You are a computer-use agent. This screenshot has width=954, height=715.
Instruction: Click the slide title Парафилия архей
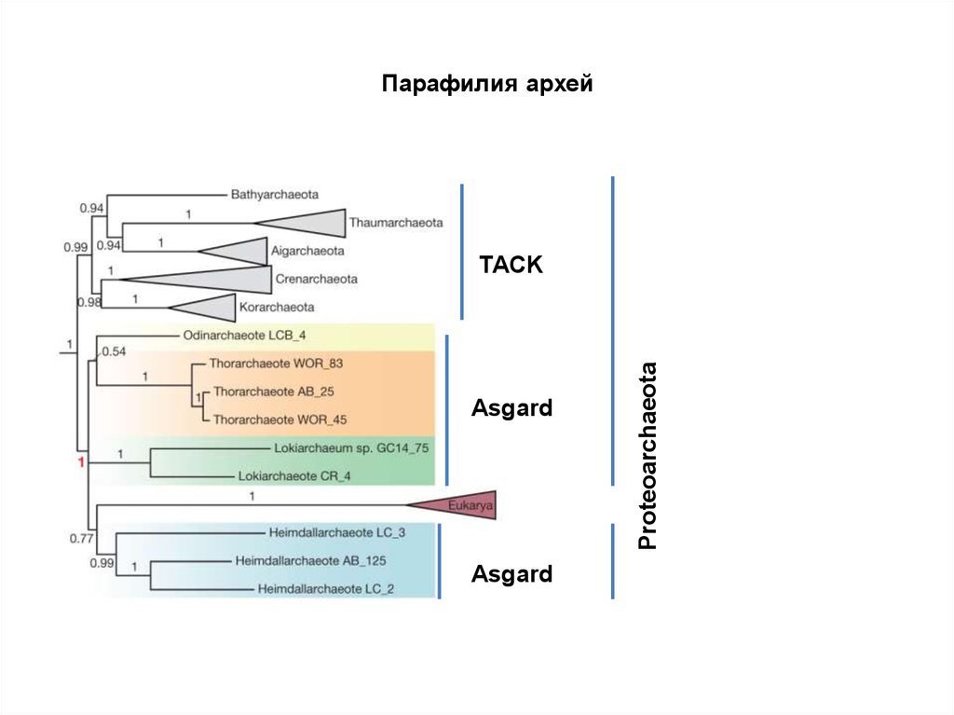click(x=487, y=85)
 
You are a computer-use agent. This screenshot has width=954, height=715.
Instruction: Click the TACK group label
click(x=511, y=265)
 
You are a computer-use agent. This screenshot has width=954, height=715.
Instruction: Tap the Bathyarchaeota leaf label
click(x=275, y=194)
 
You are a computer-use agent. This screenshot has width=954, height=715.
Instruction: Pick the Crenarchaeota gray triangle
click(x=224, y=278)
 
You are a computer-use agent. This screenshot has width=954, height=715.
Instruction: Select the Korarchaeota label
click(x=277, y=307)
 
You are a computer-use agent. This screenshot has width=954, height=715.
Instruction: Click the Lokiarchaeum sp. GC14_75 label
click(x=352, y=447)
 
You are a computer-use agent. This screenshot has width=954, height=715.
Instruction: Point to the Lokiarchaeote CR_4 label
click(x=294, y=475)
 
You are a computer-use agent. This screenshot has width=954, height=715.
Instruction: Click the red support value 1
click(x=81, y=462)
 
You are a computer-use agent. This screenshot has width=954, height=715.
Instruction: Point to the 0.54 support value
click(x=113, y=351)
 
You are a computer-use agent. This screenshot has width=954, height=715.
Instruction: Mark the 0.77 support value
click(x=82, y=538)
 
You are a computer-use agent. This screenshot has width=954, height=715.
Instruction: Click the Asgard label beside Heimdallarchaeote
click(x=511, y=573)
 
